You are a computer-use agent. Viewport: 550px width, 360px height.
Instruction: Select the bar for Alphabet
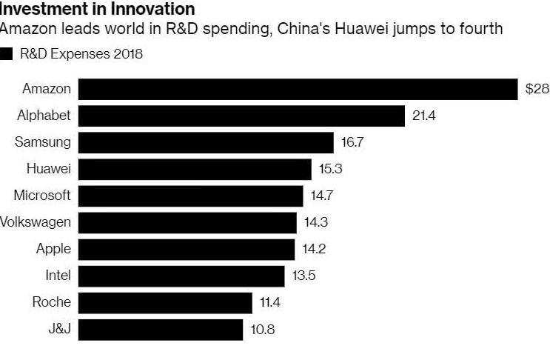click(x=241, y=116)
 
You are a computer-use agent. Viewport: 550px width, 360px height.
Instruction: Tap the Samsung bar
click(x=206, y=142)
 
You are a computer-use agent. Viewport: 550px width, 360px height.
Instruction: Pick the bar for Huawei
click(x=195, y=169)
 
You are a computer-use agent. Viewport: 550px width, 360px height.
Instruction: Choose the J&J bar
click(x=161, y=329)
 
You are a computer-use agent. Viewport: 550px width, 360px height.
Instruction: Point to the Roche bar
click(x=165, y=302)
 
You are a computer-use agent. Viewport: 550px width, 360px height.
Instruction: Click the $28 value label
click(x=537, y=89)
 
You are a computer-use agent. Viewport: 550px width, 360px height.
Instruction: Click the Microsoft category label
click(x=42, y=196)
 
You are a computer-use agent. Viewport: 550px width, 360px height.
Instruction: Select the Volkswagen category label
click(x=36, y=222)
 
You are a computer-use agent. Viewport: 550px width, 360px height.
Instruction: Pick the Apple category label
click(x=53, y=249)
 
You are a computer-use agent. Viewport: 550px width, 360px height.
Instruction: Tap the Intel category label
click(x=58, y=276)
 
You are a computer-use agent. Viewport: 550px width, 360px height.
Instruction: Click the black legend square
click(x=7, y=54)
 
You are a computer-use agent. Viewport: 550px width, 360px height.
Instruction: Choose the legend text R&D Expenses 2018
click(x=81, y=54)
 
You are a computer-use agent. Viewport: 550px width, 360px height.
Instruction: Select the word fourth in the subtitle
click(x=481, y=30)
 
